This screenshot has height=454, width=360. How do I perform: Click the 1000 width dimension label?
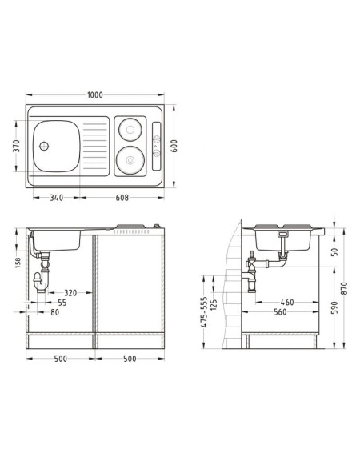point(95,95)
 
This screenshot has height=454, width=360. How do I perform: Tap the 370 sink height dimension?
point(17,146)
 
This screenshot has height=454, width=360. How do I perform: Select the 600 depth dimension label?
point(174,146)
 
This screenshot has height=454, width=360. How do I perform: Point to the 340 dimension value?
point(57,198)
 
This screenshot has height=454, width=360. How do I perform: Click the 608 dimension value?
point(122,198)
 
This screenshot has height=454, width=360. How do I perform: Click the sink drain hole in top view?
point(44,146)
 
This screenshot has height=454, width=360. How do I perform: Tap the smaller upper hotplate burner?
point(130,130)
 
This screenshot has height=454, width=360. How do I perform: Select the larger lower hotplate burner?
point(130,160)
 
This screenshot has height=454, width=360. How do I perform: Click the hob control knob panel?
point(157,147)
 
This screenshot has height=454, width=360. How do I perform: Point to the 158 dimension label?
point(18,263)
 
